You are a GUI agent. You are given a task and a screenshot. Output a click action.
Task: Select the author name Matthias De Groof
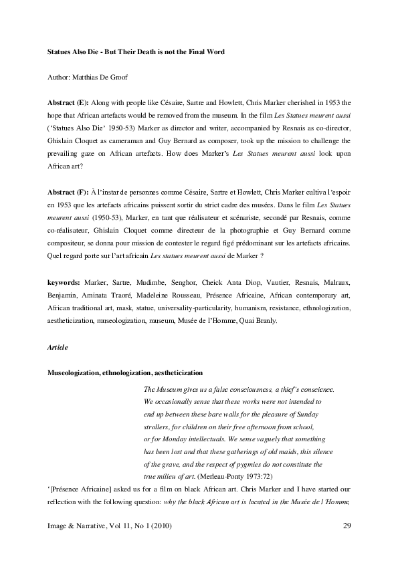click(107, 78)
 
